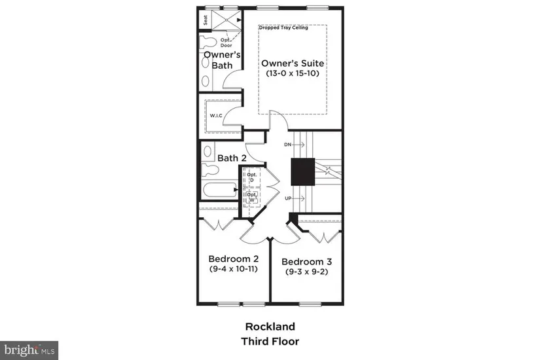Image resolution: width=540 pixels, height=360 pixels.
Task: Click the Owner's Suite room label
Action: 293,63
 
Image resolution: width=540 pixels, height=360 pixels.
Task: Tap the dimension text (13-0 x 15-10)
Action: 293,74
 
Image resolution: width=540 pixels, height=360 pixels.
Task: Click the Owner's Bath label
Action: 219,60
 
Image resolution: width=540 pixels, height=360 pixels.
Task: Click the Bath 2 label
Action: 232,158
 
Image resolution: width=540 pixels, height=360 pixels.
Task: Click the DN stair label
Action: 287,143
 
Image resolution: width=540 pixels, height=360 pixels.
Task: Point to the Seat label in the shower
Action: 206,20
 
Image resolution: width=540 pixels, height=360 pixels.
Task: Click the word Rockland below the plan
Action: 270,326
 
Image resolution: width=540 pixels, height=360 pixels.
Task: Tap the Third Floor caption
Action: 270,341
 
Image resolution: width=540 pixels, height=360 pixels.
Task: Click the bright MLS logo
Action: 29,350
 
